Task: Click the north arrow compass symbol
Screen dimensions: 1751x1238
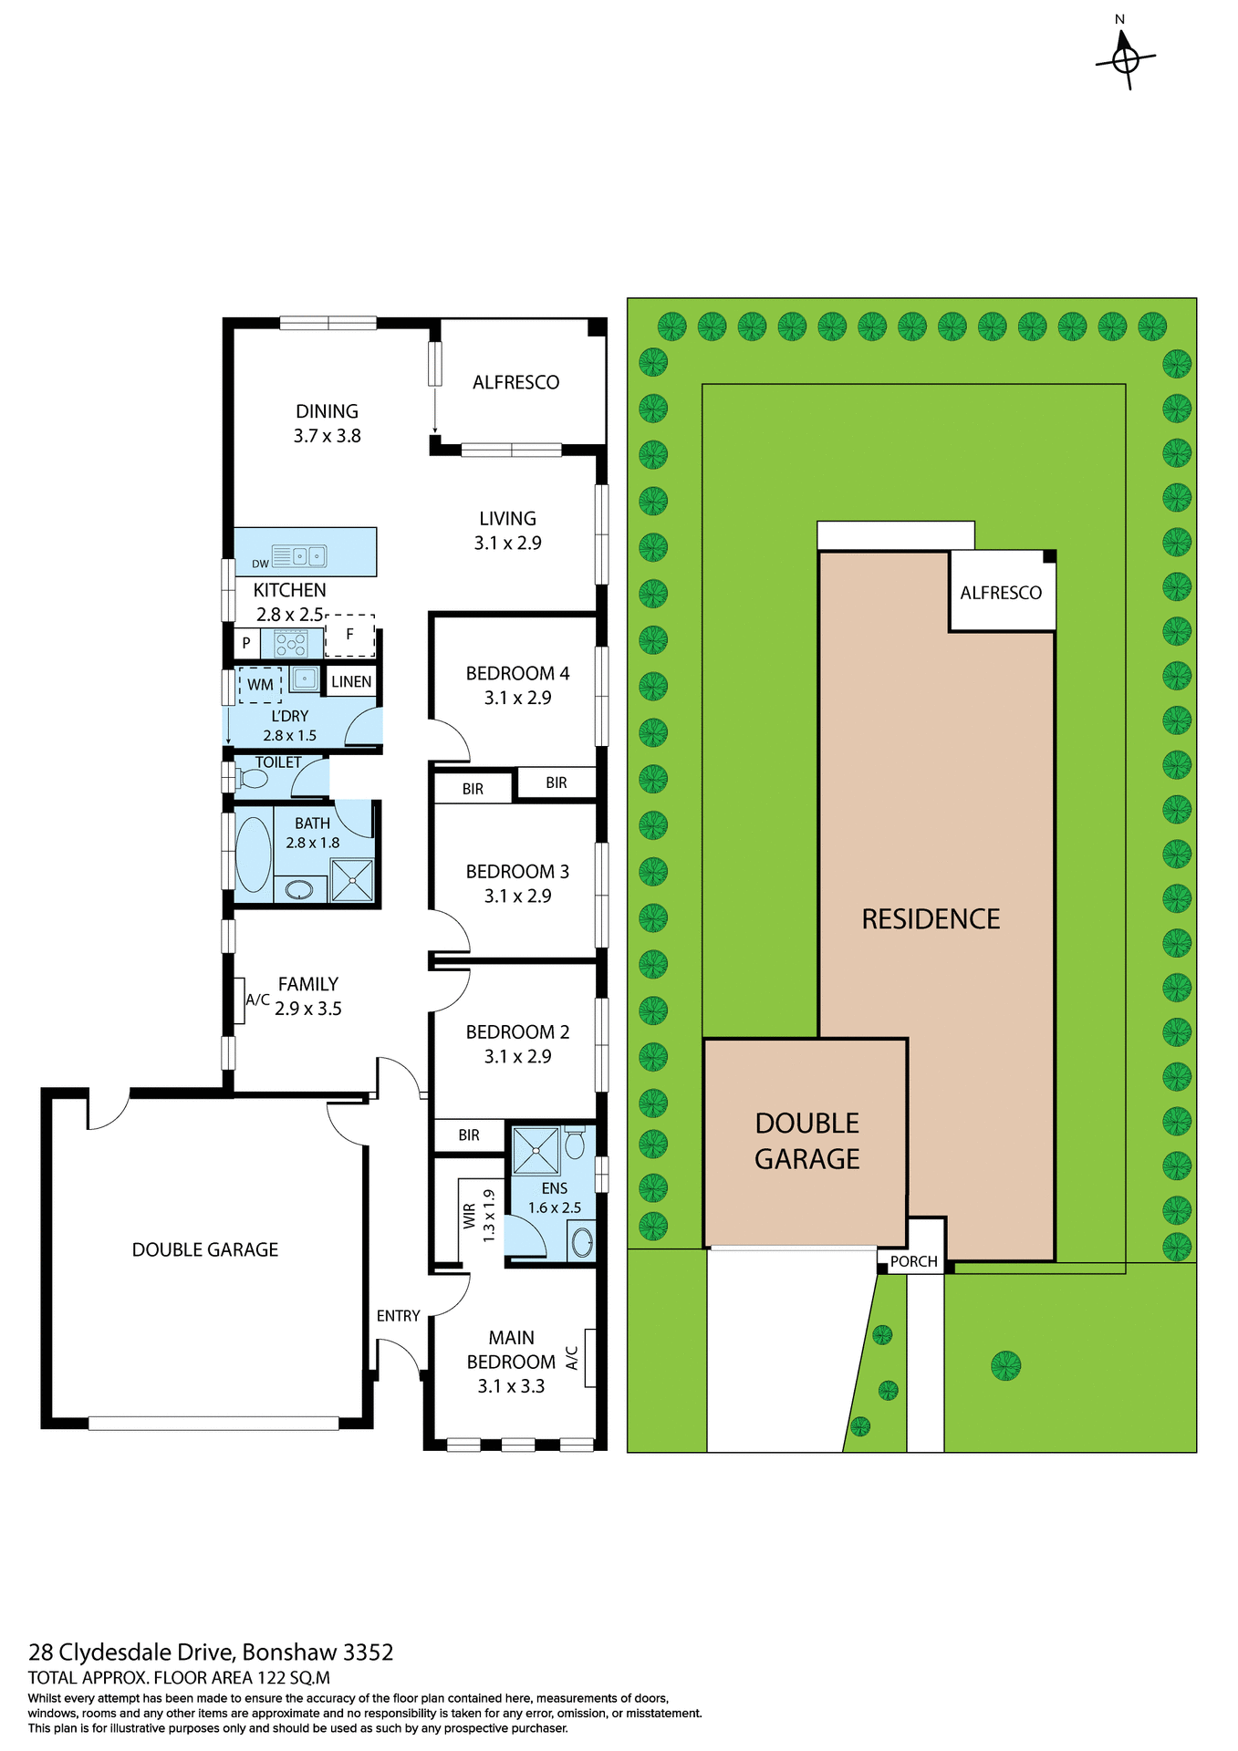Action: (1126, 58)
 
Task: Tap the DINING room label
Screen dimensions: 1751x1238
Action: (327, 411)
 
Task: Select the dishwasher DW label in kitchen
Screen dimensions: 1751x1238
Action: (261, 564)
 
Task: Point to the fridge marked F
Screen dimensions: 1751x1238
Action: (349, 635)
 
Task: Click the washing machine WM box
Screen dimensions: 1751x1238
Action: (260, 684)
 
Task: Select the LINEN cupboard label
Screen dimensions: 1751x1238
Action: (351, 681)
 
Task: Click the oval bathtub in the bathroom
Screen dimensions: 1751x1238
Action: (254, 855)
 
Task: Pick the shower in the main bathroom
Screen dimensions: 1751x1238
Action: (352, 879)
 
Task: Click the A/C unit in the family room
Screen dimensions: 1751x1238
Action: (240, 1000)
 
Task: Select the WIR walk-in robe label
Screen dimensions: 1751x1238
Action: (469, 1216)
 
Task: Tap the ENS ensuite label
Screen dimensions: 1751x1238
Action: (555, 1188)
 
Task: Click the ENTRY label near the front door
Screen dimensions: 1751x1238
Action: (398, 1316)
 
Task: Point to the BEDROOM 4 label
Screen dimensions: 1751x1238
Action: (517, 674)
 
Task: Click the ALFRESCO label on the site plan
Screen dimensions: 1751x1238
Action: (1001, 593)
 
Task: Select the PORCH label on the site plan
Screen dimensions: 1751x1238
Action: (913, 1261)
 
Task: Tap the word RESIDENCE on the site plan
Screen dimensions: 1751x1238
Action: (931, 918)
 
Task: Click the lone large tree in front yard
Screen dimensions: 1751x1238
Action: (1005, 1365)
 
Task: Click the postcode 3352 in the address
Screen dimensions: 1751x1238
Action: (368, 1652)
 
